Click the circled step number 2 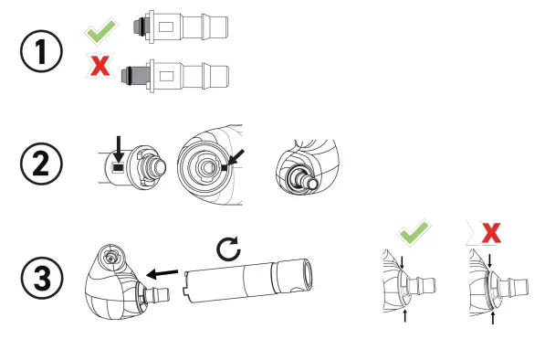[42, 167]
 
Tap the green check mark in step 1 [100, 33]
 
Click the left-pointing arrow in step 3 [163, 272]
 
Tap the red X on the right [490, 235]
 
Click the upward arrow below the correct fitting [404, 316]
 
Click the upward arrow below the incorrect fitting [493, 317]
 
